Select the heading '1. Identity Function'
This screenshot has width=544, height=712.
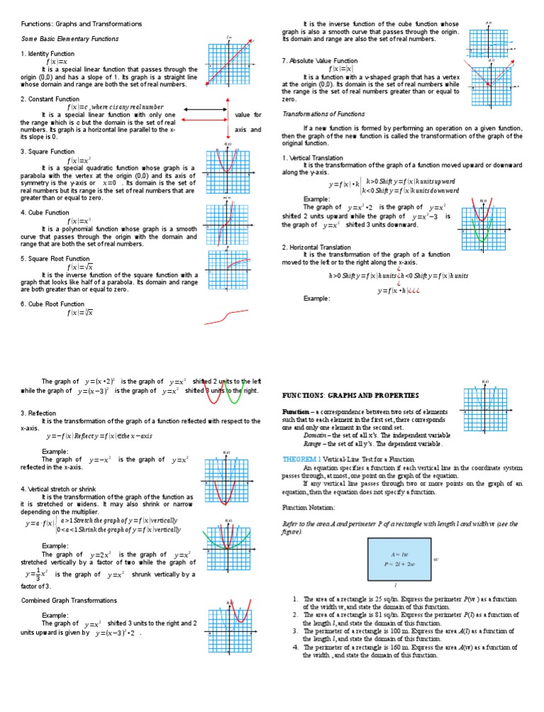(48, 54)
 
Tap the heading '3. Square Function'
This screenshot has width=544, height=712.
(47, 151)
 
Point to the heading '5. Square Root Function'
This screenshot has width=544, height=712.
(55, 259)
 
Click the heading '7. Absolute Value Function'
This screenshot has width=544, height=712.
(319, 61)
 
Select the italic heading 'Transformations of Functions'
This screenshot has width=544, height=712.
(324, 114)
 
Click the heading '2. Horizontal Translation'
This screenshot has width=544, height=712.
(317, 247)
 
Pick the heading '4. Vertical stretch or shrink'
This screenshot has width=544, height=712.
(64, 488)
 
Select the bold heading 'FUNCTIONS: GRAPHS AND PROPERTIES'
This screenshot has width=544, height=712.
(351, 395)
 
